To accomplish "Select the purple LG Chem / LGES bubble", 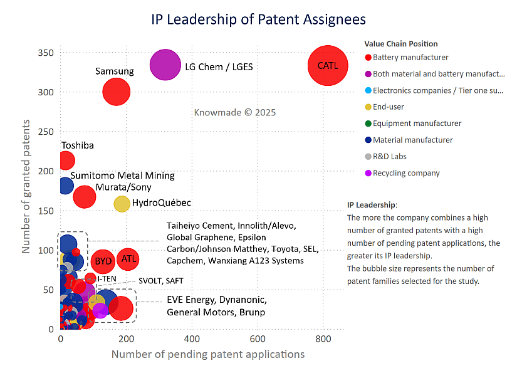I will (x=165, y=65).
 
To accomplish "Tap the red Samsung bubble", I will (x=116, y=92).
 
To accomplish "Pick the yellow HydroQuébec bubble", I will (x=122, y=203).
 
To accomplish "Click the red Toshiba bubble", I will (x=66, y=160).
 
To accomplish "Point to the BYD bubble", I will (x=103, y=261).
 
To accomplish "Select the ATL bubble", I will (x=128, y=258).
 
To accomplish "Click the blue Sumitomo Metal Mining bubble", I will (x=66, y=185).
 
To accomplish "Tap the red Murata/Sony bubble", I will (x=84, y=196).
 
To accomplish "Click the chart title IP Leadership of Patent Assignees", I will (x=258, y=19).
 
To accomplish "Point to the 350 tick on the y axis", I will (x=46, y=53).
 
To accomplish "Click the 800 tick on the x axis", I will (x=323, y=339).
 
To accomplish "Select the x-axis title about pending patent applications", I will (x=207, y=354).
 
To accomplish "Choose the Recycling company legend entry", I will (x=406, y=173).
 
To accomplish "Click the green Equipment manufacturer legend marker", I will (x=368, y=123).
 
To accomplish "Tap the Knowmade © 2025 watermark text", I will (x=235, y=112).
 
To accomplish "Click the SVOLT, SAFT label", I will (x=161, y=281).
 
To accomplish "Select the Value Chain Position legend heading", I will (x=401, y=44).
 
